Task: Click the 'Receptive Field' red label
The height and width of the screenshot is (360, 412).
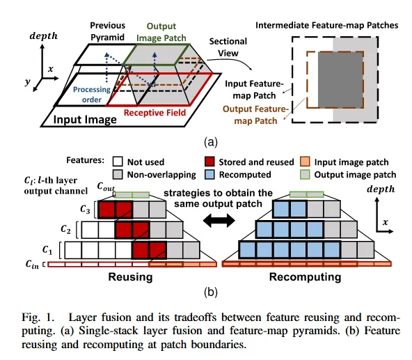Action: [x=154, y=113]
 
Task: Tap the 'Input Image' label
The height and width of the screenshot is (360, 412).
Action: [x=85, y=120]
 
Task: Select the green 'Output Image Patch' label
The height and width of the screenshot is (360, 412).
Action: [x=161, y=32]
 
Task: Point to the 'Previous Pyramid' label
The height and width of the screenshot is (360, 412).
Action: [x=107, y=31]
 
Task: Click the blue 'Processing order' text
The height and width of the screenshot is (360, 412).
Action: [x=92, y=95]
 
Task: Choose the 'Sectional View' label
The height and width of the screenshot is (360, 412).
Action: [x=228, y=47]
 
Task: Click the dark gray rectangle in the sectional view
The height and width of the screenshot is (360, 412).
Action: [x=341, y=80]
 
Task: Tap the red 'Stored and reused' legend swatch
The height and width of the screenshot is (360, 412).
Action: [x=209, y=162]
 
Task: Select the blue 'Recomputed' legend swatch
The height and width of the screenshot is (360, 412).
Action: [x=209, y=174]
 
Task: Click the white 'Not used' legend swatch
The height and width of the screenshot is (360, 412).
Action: [x=118, y=162]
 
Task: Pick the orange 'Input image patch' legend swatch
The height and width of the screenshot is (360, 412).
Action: [x=305, y=162]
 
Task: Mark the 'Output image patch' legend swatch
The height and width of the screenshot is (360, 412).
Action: [x=305, y=174]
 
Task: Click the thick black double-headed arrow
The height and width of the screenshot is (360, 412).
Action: [x=219, y=220]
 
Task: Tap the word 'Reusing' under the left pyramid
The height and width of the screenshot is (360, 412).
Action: [x=130, y=277]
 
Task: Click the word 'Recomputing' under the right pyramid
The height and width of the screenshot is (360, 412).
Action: [x=306, y=277]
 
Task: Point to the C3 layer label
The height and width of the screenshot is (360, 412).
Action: [x=85, y=210]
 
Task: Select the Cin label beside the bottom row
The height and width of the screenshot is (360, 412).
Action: [x=32, y=264]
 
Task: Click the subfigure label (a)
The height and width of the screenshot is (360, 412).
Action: [x=211, y=142]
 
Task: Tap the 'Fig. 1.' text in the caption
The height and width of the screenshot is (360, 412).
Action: [x=38, y=317]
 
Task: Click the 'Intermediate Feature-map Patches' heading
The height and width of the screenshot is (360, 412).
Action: [x=327, y=25]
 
